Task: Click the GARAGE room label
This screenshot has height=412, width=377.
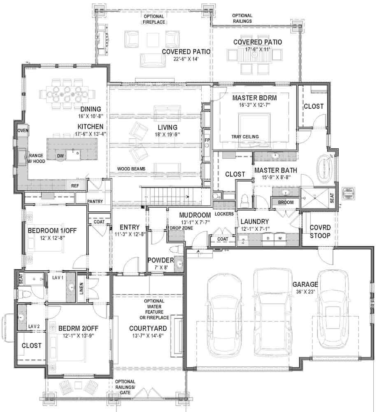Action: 305,284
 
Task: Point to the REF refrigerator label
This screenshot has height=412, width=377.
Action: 75,186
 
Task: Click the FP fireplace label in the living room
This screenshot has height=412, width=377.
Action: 207,140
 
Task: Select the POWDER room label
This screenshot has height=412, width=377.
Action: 160,260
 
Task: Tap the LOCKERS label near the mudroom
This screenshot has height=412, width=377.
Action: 224,214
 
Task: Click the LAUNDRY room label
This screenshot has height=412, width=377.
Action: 255,221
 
